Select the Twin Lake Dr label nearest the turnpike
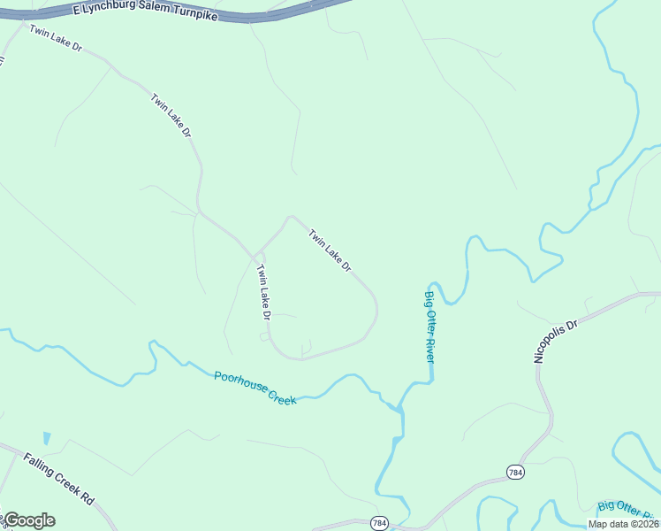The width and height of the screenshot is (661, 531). point(55,39)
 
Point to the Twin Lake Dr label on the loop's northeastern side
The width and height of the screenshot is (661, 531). point(330,250)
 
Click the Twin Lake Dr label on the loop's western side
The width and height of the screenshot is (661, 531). point(263,292)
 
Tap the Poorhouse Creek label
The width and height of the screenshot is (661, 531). point(255,389)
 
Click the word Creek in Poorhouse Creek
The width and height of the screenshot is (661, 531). point(280,395)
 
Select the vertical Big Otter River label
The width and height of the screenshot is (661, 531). point(429,327)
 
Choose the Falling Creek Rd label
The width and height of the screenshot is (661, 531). point(58,479)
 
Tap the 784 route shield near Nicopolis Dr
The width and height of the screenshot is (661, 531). point(516,473)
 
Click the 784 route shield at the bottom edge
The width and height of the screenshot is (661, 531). point(378,523)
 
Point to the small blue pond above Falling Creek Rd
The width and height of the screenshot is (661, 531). point(46,438)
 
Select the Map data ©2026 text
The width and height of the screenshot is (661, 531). point(623,524)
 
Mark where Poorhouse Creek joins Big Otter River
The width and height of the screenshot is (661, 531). point(399,410)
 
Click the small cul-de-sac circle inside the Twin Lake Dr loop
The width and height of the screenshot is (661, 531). point(263,336)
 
